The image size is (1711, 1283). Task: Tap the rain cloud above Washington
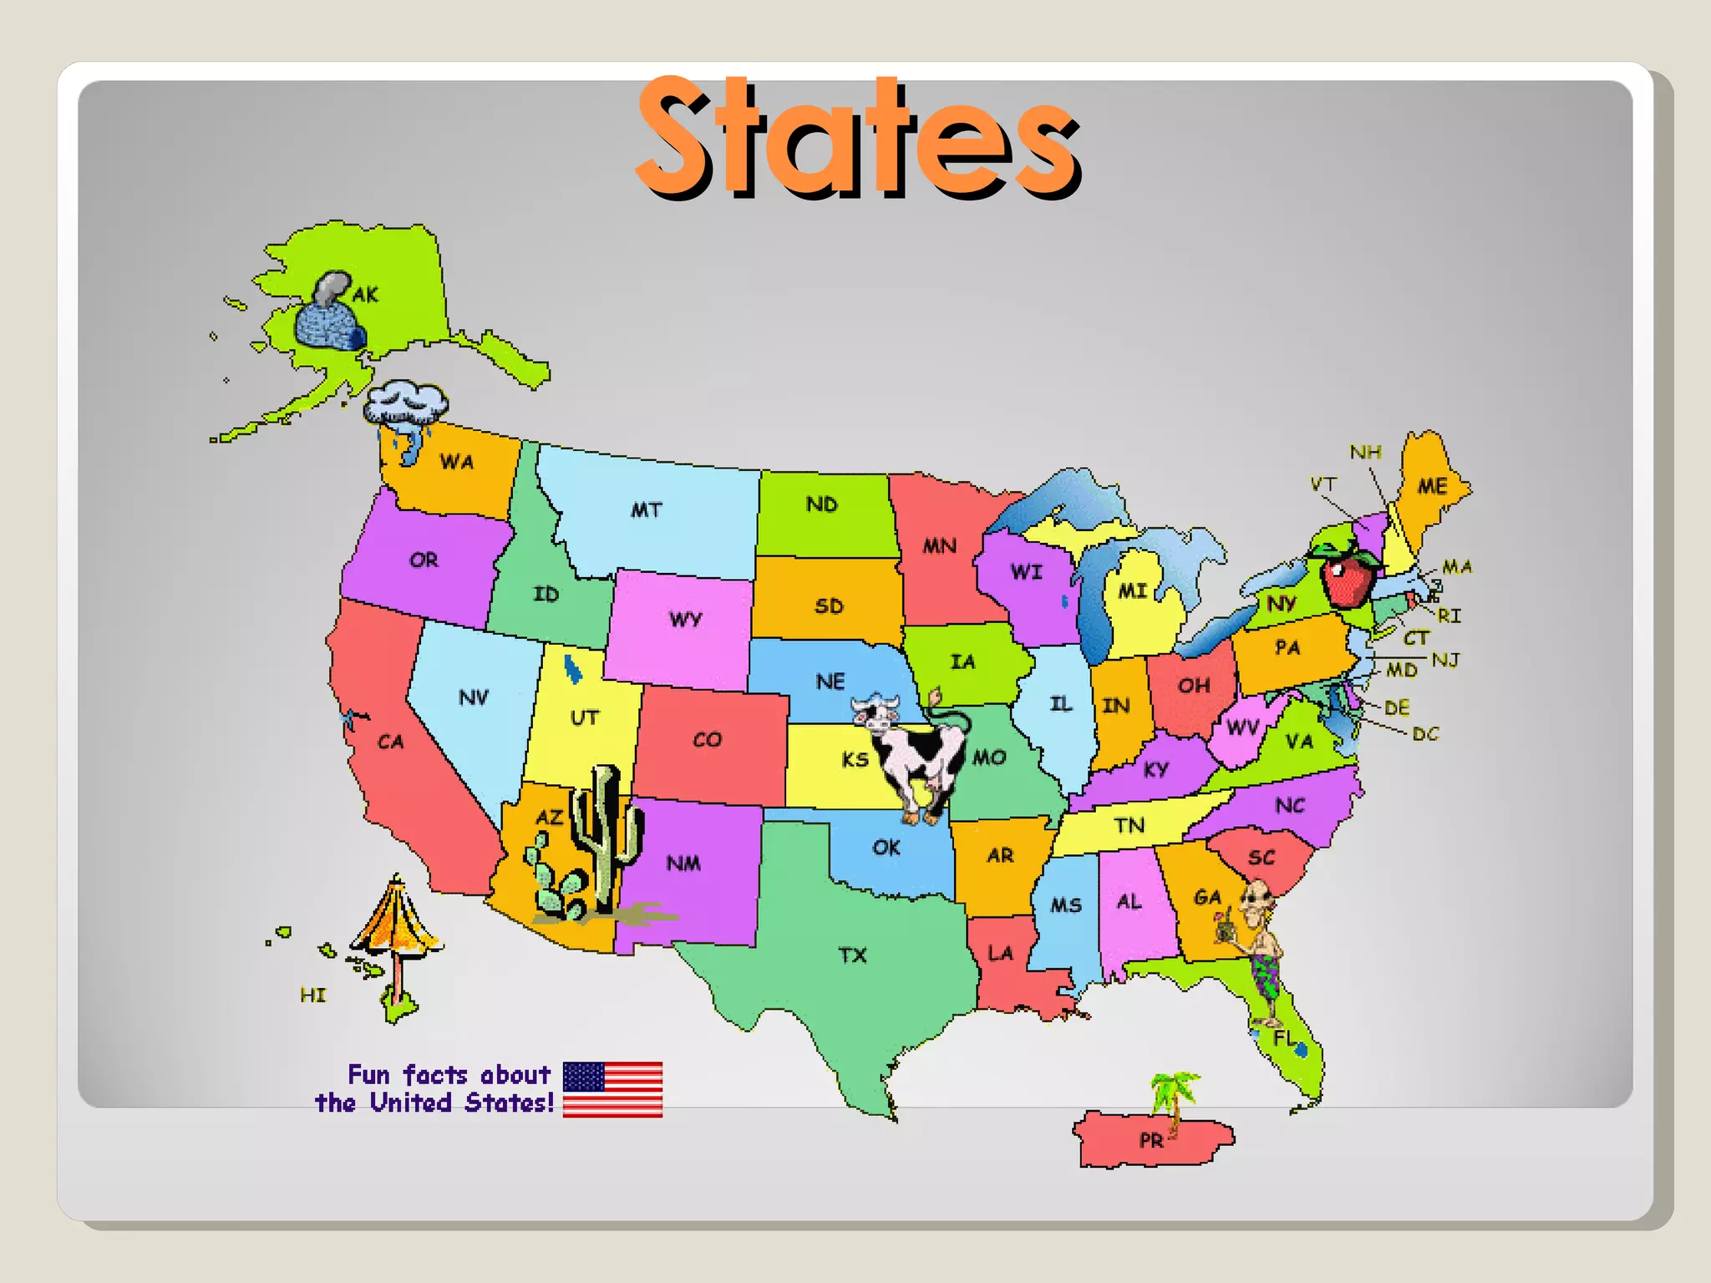click(x=405, y=404)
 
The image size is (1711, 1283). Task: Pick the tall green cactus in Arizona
click(x=607, y=835)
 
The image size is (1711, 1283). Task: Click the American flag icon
click(x=612, y=1089)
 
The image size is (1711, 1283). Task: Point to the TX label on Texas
click(x=853, y=955)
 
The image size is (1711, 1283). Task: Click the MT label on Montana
click(x=646, y=510)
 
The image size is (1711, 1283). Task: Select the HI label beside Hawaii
click(x=313, y=995)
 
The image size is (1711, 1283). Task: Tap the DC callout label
click(x=1425, y=734)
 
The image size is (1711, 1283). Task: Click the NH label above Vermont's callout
click(x=1365, y=453)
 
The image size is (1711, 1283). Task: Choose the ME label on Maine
click(x=1433, y=486)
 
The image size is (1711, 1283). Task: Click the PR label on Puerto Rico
click(x=1150, y=1140)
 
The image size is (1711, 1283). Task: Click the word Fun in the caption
click(x=368, y=1074)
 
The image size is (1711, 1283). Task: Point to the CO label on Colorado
click(x=707, y=739)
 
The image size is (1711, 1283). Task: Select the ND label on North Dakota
click(x=821, y=505)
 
